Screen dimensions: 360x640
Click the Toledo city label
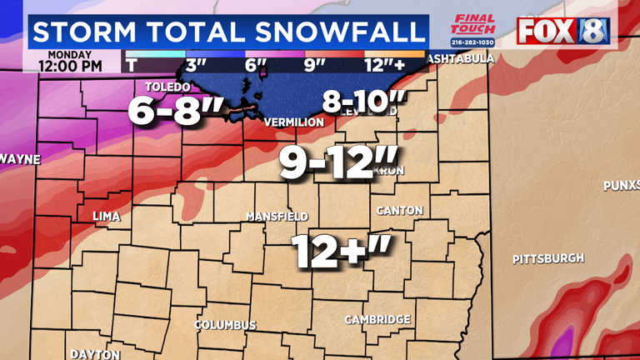167,87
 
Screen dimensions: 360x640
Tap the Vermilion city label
293,122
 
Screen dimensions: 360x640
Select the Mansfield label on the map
277,216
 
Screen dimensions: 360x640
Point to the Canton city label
400,211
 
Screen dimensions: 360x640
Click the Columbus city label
225,324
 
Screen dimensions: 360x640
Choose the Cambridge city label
377,320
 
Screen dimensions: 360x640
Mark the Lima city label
106,216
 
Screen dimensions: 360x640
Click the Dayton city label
95,354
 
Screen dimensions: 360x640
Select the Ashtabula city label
460,59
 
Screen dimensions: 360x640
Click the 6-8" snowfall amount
164,112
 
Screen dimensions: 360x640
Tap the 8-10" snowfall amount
364,103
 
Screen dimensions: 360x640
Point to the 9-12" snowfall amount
328,162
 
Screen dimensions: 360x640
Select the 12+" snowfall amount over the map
340,250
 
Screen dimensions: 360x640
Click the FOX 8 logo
563,30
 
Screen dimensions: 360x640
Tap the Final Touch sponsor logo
472,27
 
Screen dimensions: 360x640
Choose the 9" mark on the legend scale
315,64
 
